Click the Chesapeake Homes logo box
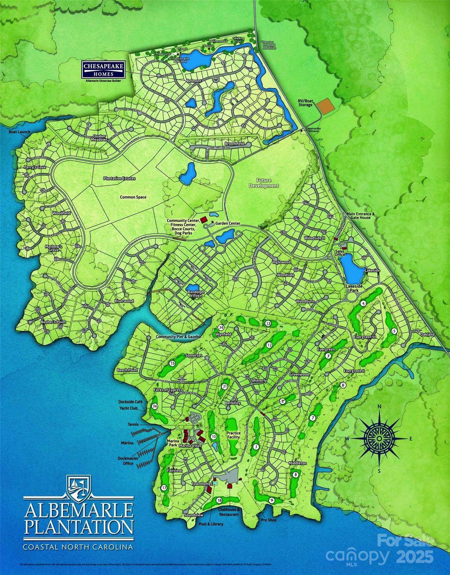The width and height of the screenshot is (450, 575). click(x=103, y=70)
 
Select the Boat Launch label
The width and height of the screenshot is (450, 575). click(x=19, y=132)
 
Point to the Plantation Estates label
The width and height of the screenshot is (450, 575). click(x=119, y=179)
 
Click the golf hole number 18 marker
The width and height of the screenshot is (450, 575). click(x=219, y=500)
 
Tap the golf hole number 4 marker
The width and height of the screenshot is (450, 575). click(x=363, y=304)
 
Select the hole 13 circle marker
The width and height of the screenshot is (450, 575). click(x=268, y=323)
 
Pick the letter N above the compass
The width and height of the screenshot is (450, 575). click(x=379, y=407)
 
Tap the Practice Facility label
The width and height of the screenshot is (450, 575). click(x=233, y=435)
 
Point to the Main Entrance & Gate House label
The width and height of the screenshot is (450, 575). click(x=359, y=215)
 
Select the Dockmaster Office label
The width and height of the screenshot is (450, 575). click(x=128, y=460)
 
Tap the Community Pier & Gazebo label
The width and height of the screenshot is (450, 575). click(x=178, y=337)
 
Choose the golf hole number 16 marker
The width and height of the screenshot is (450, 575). click(x=155, y=406)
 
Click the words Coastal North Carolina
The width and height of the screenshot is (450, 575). click(x=78, y=547)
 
